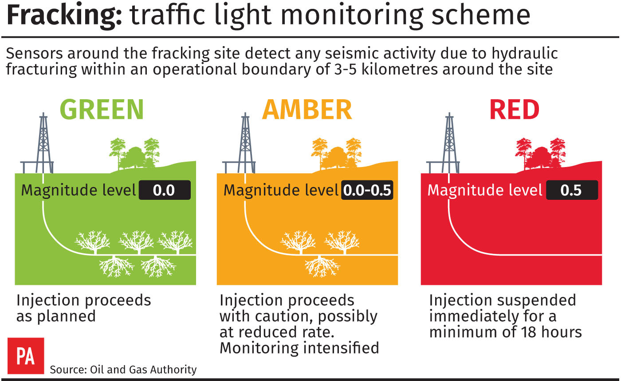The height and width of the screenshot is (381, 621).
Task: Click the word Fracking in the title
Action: tap(64, 16)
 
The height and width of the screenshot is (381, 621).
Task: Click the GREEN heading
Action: tap(102, 109)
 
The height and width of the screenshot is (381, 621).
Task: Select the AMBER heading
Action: tap(307, 109)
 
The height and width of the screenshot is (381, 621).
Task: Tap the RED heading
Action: tap(515, 109)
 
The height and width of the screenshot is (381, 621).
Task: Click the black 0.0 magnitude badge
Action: tap(165, 190)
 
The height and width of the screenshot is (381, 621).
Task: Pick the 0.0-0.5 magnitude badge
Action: tap(367, 190)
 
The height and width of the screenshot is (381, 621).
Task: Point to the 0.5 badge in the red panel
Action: tap(572, 190)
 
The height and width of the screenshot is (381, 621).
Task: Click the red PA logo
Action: tap(26, 356)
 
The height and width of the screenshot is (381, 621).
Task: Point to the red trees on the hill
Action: tap(541, 153)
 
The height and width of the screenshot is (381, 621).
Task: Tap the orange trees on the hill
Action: tap(337, 153)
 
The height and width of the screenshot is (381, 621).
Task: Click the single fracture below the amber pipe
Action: tap(322, 266)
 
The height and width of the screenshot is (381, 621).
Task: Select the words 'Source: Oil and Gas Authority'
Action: tap(123, 369)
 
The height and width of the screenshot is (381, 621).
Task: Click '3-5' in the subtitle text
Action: tap(345, 69)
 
